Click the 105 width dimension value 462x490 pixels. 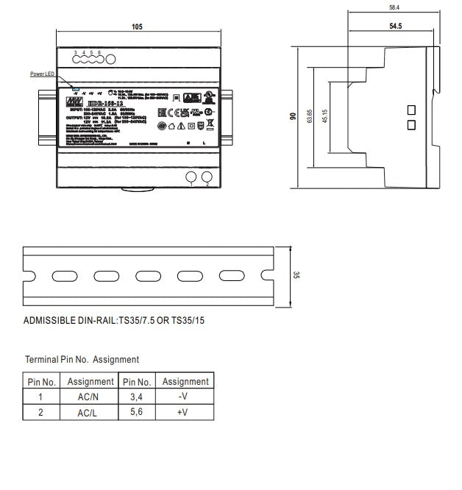(137, 26)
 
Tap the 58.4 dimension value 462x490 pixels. (394, 7)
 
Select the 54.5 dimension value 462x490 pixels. (394, 26)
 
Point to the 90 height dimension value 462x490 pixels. (292, 116)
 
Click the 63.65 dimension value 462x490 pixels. (310, 116)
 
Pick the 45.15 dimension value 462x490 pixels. (324, 116)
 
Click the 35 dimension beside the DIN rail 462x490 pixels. (296, 275)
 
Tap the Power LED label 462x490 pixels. (42, 74)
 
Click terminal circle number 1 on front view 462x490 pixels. (191, 177)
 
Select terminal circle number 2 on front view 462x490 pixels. (207, 177)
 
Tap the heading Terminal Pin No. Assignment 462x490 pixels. (82, 360)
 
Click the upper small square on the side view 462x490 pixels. (411, 110)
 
